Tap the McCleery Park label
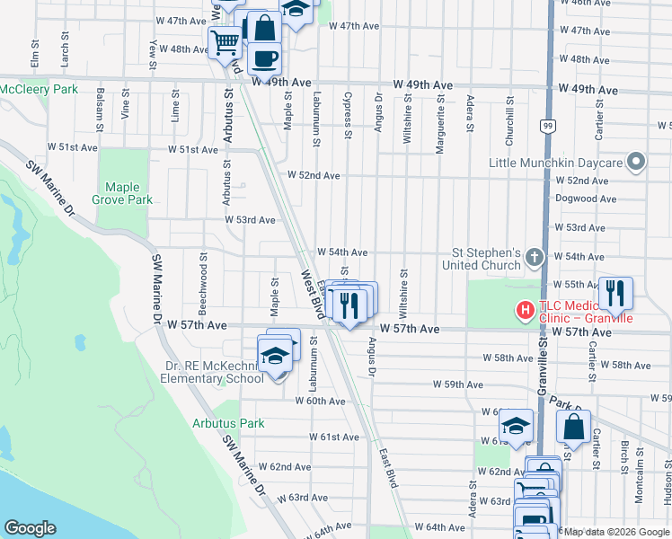40,89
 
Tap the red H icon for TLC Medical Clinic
524,311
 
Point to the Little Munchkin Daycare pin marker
636,163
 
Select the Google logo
30,527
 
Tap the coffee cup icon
264,58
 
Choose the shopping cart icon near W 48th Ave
225,40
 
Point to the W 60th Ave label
324,401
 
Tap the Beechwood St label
204,295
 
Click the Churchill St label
508,112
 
